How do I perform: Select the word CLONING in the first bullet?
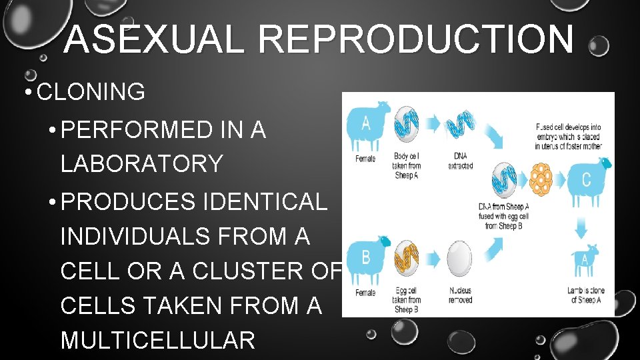pos(91,92)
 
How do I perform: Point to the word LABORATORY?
pos(141,163)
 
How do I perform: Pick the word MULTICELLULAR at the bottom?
pos(158,340)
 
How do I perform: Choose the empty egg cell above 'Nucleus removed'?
pos(459,259)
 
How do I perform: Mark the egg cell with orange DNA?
pos(406,259)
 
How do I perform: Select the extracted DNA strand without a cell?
pos(461,125)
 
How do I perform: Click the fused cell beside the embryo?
pos(504,180)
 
